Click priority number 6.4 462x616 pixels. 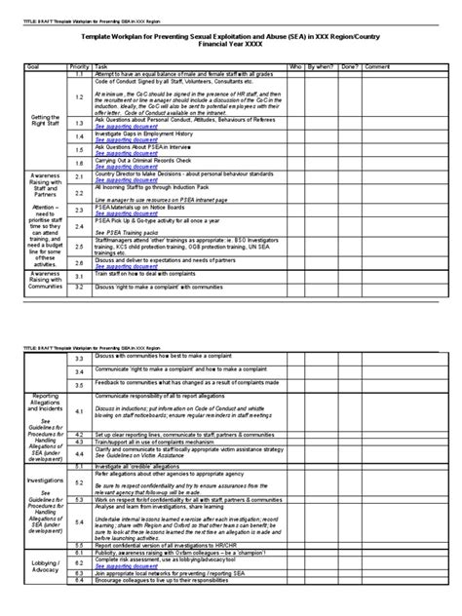click(80, 593)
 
